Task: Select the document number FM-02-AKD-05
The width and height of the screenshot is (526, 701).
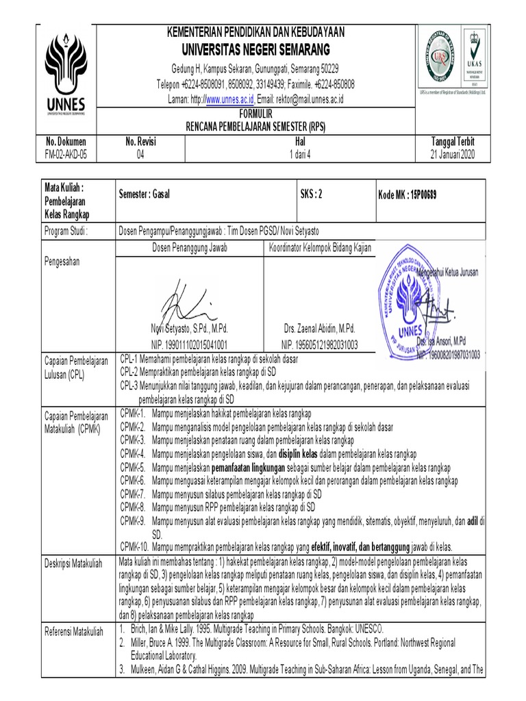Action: (x=66, y=154)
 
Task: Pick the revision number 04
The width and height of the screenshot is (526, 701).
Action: (x=141, y=154)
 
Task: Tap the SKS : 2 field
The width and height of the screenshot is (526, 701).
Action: (x=311, y=194)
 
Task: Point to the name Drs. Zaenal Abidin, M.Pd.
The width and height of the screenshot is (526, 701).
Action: (x=318, y=329)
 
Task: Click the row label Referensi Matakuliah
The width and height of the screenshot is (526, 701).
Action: (x=73, y=630)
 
